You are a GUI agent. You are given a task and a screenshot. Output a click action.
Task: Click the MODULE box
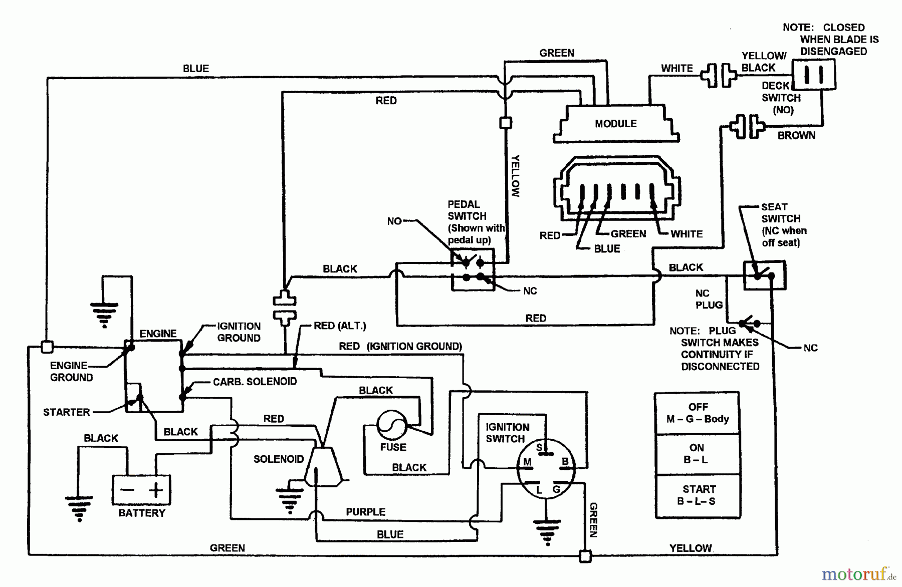616,124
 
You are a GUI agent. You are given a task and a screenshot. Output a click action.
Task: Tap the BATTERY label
141,513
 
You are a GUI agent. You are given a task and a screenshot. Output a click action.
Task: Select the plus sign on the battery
156,489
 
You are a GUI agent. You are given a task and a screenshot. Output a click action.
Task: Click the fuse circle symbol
392,425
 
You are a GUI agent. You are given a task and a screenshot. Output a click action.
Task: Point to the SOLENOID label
278,459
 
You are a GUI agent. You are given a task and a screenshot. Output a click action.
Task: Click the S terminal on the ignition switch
540,447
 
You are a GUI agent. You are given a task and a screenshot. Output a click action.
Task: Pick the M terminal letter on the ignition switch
527,462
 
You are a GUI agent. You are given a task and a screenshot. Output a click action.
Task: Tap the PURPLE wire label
365,512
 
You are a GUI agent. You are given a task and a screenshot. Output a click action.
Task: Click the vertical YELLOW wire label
516,175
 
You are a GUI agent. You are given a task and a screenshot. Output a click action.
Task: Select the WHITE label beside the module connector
687,234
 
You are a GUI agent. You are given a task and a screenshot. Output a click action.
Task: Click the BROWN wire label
796,135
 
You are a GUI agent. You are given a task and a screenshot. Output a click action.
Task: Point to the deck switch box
813,75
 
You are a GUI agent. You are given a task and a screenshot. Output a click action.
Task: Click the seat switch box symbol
764,275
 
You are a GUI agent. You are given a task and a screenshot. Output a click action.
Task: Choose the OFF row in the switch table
697,413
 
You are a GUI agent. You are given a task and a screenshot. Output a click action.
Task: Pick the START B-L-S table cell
697,495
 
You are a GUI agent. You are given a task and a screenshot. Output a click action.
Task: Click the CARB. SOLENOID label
255,382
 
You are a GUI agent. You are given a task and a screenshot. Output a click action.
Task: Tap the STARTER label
66,412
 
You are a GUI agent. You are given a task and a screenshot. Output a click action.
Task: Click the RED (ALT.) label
340,326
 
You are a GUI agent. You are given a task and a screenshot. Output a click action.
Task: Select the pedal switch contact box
473,269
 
